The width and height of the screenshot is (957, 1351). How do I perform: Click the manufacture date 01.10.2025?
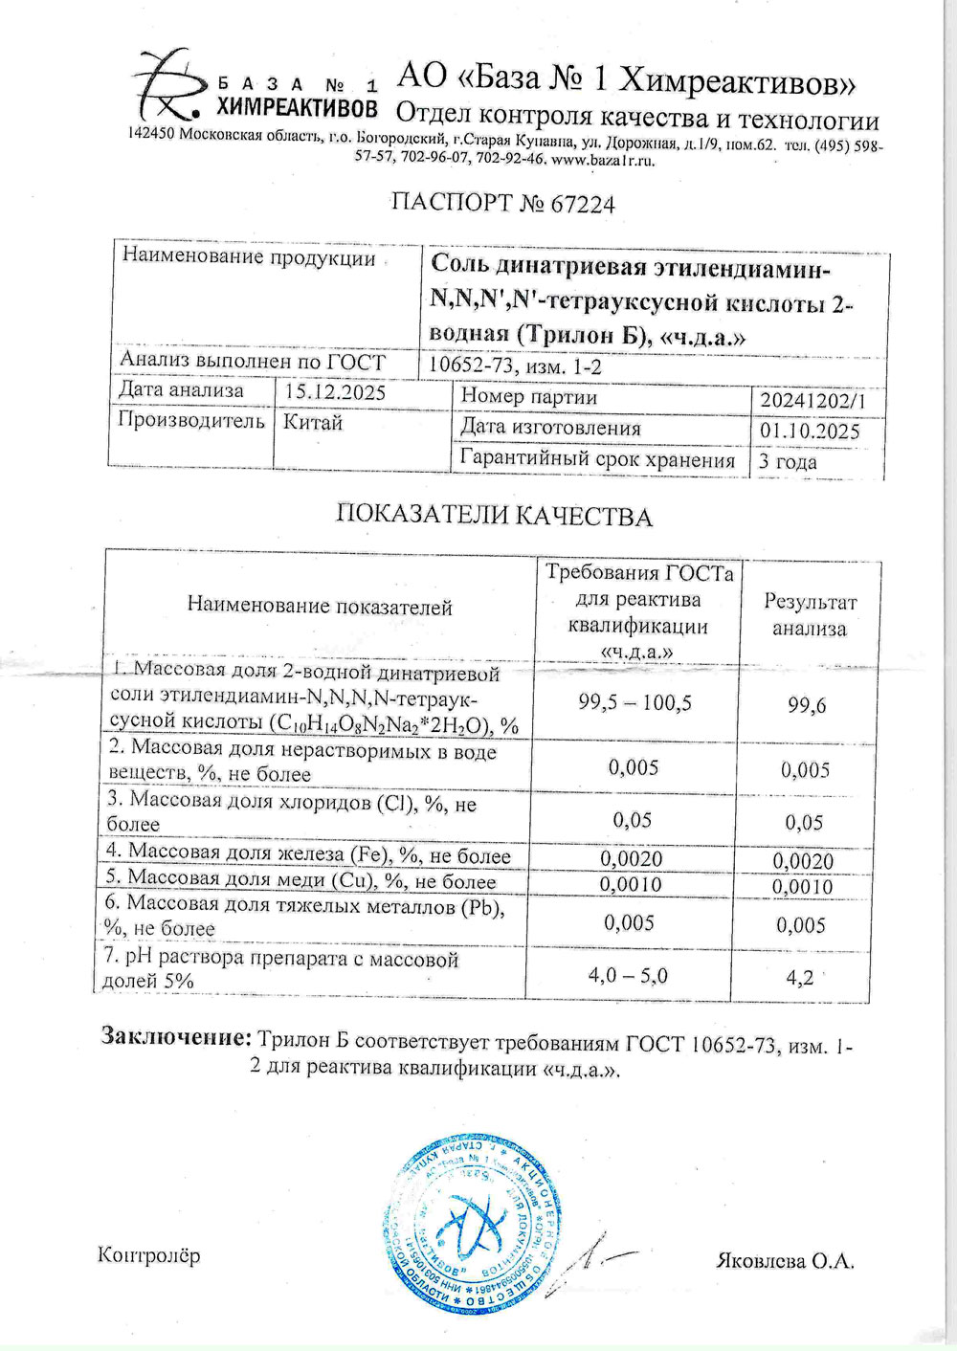pos(810,432)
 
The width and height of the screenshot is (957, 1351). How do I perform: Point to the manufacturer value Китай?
pos(313,422)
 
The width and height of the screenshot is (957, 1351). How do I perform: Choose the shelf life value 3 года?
pos(788,462)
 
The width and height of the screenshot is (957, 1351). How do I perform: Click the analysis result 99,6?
pos(807,706)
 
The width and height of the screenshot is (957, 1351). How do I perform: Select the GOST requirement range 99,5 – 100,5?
pos(634,703)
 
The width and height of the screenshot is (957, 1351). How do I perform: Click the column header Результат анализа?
pos(810,615)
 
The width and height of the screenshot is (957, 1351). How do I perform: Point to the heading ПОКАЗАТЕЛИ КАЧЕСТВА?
pos(494,517)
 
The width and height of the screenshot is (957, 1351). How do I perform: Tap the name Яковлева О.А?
pos(785,1261)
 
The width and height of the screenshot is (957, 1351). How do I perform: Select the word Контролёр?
pos(149,1255)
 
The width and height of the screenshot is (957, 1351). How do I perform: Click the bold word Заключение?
pos(177,1037)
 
